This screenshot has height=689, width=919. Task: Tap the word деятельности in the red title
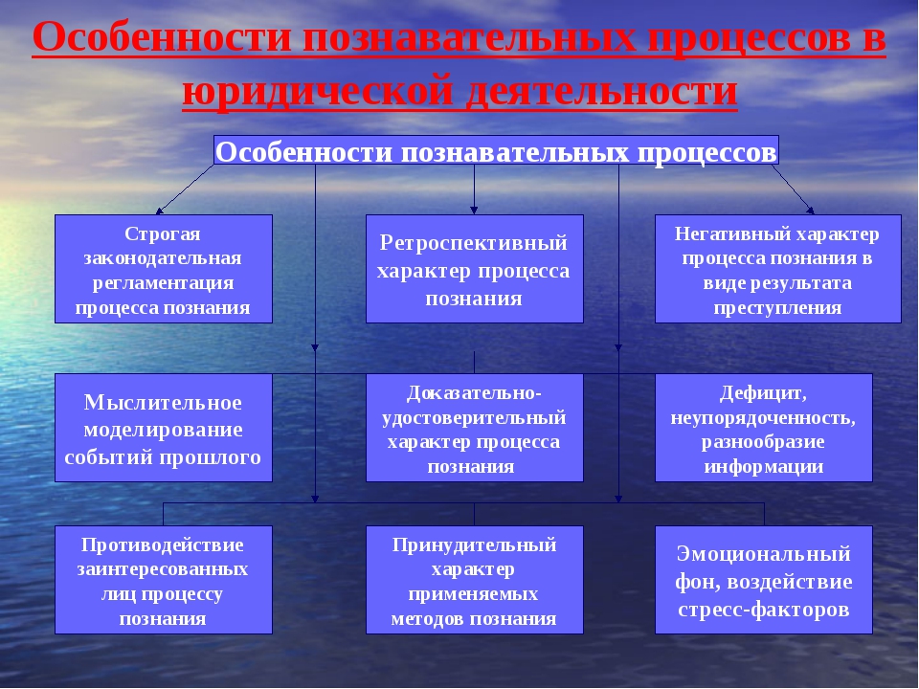(601, 90)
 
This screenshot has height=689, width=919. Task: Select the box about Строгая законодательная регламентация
(164, 269)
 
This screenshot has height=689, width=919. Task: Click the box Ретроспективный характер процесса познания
(475, 269)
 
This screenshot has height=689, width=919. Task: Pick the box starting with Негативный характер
(777, 269)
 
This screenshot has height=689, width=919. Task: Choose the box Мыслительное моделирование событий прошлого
(164, 428)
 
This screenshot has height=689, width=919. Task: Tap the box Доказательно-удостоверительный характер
(475, 428)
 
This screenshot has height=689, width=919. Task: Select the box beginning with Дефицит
(764, 428)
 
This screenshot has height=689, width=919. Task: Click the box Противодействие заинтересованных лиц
(164, 580)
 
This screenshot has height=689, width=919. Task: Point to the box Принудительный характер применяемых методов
(475, 580)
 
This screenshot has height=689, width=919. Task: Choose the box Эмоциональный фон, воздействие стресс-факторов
(764, 580)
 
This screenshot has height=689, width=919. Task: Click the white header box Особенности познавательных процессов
(497, 150)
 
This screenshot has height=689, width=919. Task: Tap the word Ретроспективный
(474, 242)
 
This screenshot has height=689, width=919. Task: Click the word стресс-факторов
(764, 610)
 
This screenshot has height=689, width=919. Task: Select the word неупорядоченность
(763, 418)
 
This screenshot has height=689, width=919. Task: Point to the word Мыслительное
(163, 402)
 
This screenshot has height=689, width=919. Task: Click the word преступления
(777, 307)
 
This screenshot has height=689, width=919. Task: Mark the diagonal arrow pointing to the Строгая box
(185, 189)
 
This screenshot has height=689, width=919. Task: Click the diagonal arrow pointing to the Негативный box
(793, 189)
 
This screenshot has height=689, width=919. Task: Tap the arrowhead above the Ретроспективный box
(474, 210)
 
